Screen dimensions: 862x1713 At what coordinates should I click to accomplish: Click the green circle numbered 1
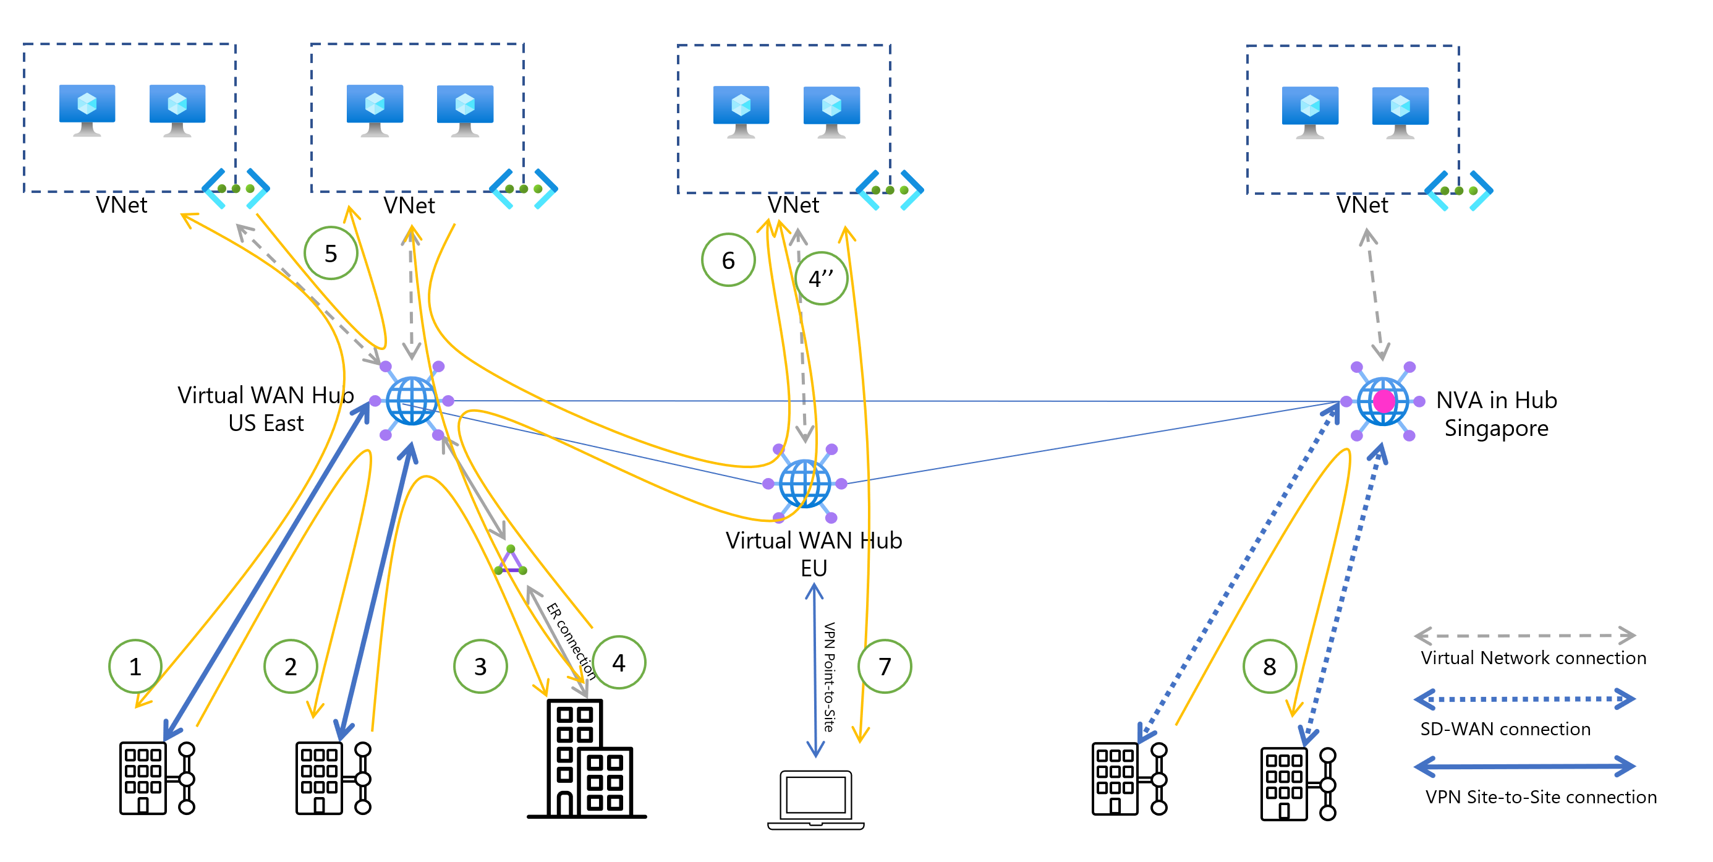tap(135, 666)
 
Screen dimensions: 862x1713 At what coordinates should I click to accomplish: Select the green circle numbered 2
tap(291, 666)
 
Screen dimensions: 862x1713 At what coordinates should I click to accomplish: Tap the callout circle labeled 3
tap(480, 666)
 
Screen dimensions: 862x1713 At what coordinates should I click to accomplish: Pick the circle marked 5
tap(331, 253)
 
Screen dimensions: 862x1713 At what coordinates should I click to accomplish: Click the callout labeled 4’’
tap(821, 278)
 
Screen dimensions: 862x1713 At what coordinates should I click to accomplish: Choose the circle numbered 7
tap(885, 666)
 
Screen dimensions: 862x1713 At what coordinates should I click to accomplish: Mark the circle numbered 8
tap(1270, 666)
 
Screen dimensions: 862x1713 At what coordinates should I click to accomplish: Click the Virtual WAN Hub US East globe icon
tap(412, 401)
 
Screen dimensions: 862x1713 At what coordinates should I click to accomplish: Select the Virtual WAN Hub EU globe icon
tap(805, 484)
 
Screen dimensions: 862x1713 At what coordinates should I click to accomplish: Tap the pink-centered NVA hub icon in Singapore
tap(1383, 401)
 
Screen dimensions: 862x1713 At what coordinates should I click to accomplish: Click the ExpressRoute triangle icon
tap(511, 561)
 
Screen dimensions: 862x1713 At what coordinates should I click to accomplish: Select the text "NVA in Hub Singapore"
tap(1496, 414)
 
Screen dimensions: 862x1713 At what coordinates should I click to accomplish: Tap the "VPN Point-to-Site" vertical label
tap(829, 677)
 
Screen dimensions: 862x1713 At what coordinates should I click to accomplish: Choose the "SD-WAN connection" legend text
tap(1505, 729)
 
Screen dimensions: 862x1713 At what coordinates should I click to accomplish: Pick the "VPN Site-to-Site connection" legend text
tap(1541, 797)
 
